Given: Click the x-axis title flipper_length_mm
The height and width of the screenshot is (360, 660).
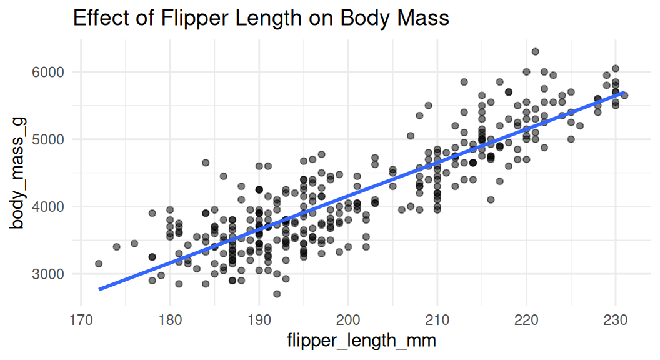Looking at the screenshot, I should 361,342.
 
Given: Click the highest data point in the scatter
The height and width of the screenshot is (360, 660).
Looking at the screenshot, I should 535,52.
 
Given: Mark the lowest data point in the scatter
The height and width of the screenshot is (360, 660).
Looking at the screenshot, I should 277,294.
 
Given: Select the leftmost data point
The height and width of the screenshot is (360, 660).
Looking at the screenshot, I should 99,264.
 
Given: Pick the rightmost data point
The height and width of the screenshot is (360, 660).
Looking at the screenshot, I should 624,95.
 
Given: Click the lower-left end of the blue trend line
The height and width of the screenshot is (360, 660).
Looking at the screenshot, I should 99,289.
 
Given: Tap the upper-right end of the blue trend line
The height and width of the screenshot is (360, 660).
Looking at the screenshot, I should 624,92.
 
